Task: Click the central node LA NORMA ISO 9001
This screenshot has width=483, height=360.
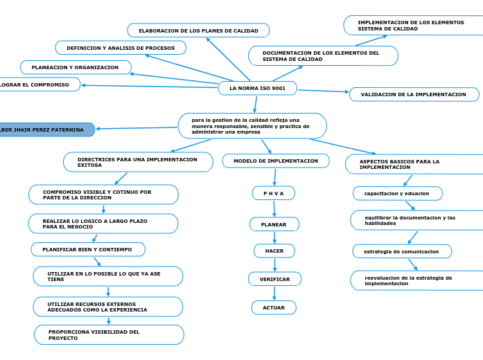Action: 257,89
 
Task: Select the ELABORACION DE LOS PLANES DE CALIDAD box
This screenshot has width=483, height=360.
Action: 198,30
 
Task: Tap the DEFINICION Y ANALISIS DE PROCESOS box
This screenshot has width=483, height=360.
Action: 121,48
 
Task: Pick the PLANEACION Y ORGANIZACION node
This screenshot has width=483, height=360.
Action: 76,67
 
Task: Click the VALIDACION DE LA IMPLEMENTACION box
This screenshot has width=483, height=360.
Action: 414,94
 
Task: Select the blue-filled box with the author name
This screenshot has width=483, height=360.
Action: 46,129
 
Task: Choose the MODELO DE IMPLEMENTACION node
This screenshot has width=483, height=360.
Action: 276,161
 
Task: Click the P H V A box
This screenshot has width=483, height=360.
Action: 274,193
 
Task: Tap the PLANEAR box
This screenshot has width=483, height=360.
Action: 274,224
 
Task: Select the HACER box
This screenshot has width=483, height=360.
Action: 274,251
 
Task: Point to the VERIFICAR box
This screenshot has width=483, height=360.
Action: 274,279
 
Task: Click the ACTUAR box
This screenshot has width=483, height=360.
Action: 274,307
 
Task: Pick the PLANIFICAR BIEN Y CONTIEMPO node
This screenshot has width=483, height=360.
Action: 88,249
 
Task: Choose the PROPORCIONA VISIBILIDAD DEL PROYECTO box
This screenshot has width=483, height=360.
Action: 109,335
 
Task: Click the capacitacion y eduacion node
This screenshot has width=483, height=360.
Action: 397,193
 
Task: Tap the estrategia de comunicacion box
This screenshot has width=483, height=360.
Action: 401,251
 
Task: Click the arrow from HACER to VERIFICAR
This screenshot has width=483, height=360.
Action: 274,264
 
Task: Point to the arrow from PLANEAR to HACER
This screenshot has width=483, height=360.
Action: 274,237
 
